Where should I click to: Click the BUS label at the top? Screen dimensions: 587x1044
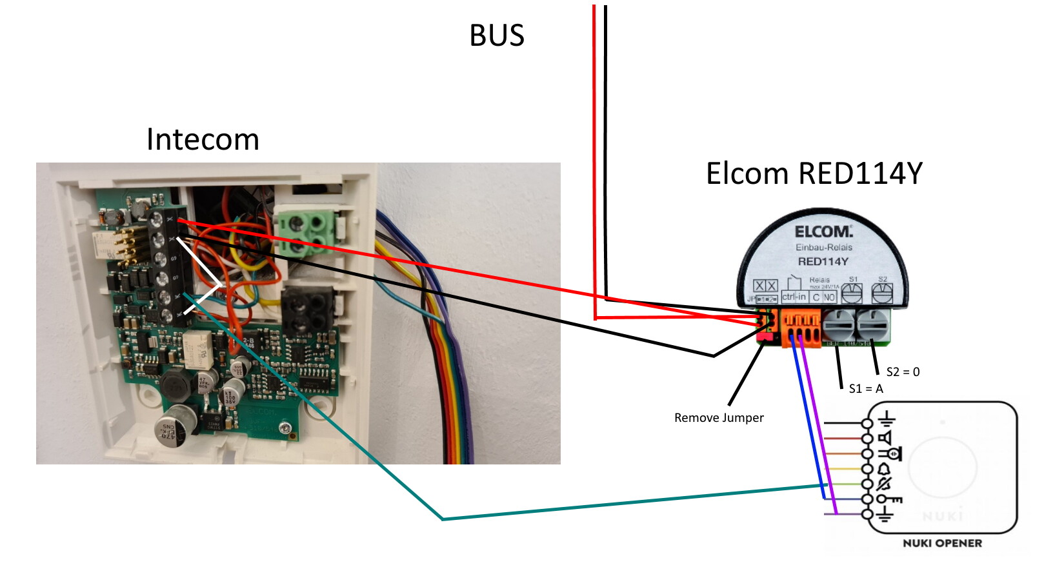coord(496,35)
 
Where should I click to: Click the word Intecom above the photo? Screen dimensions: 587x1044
coord(203,139)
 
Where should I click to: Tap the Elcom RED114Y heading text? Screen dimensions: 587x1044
coord(814,174)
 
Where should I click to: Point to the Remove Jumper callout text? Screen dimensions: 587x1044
coord(719,418)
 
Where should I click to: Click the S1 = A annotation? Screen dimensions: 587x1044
coord(866,388)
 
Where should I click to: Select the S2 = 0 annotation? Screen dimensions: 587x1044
coord(903,372)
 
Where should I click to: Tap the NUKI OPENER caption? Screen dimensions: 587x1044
coord(942,543)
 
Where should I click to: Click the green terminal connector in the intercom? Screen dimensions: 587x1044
coord(307,232)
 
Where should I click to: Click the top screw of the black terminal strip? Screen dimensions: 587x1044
coord(156,221)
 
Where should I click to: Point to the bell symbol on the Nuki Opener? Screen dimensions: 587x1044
coord(885,469)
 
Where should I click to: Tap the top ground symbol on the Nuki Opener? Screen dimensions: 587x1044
coord(886,420)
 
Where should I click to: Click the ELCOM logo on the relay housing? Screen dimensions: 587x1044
coord(823,232)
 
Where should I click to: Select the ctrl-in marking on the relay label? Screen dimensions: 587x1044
coord(794,297)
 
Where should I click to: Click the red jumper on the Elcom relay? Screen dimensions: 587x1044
coord(765,336)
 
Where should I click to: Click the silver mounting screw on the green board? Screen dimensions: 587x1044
coord(285,428)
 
